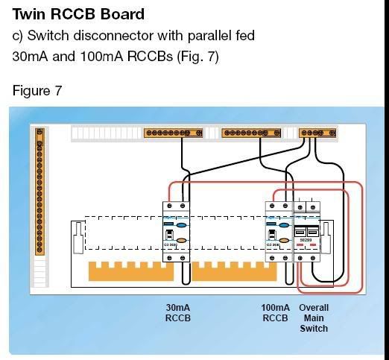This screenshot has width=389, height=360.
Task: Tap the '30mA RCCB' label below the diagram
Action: point(177,312)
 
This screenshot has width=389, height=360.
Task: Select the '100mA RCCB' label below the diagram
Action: point(275,312)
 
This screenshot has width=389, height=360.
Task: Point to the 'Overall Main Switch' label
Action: point(314,318)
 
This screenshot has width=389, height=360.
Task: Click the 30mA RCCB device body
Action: point(177,231)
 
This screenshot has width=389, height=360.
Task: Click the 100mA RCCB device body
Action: point(278,231)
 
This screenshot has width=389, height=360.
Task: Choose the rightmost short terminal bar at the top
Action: point(311,133)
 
